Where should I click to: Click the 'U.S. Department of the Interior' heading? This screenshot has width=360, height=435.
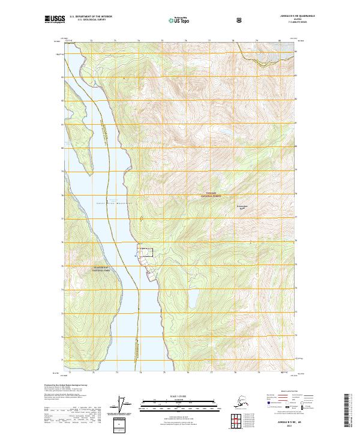[91, 16]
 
